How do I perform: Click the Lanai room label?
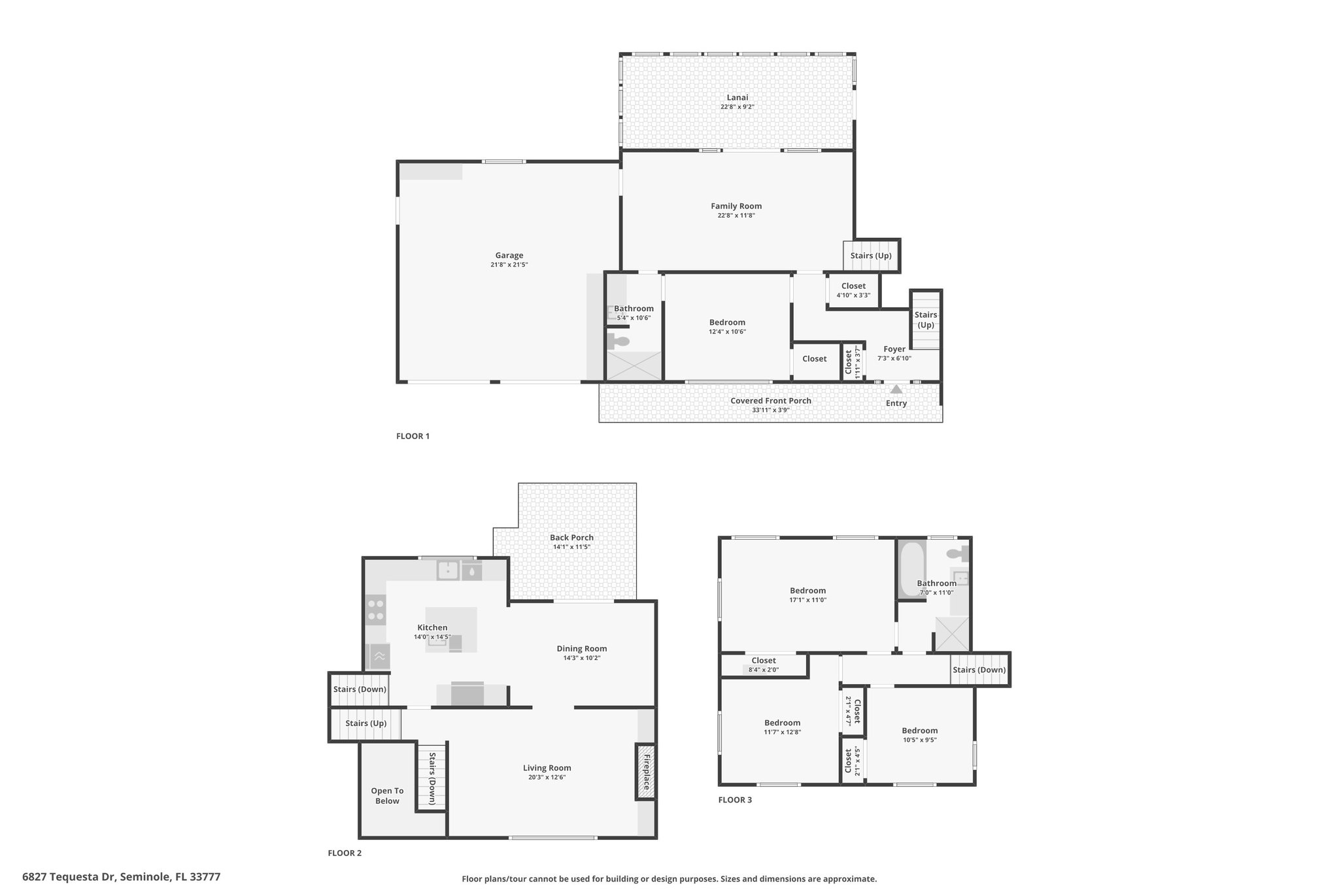tap(737, 97)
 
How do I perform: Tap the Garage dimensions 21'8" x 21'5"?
tap(509, 265)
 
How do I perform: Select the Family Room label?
tap(736, 206)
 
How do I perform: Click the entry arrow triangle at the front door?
tap(896, 389)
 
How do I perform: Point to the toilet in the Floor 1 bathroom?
tap(618, 340)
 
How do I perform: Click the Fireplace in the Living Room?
tap(646, 771)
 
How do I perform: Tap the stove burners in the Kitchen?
tap(376, 610)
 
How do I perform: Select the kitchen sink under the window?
tap(448, 570)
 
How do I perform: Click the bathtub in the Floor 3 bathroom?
tap(911, 569)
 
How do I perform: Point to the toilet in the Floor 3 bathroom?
tap(957, 553)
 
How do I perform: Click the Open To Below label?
tap(387, 795)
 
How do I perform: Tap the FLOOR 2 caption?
tap(345, 853)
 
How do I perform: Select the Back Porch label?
tap(571, 538)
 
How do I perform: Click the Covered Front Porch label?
tap(771, 401)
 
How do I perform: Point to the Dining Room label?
tap(582, 648)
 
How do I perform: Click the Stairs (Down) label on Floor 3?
tap(979, 670)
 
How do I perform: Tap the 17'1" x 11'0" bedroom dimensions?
tap(808, 600)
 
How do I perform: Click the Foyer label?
tap(894, 349)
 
